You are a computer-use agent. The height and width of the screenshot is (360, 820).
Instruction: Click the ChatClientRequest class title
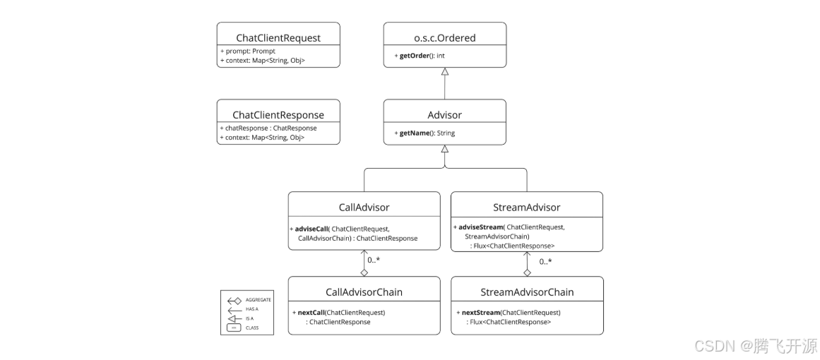point(278,37)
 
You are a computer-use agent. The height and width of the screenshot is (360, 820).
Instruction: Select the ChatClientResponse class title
point(278,114)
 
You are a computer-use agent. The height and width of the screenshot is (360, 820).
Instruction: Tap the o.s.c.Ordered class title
point(444,37)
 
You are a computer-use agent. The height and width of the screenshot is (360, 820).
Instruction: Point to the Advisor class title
point(444,114)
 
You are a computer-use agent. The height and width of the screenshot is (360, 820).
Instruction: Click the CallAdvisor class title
point(364,207)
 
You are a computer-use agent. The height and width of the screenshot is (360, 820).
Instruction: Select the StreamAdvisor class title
point(526,207)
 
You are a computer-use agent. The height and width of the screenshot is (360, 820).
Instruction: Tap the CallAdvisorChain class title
point(364,292)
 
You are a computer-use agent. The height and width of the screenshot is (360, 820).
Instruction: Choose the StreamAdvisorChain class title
point(527,292)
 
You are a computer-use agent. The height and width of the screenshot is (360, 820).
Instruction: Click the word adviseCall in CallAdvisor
point(311,229)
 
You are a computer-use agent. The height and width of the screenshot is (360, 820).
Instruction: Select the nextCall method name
point(311,312)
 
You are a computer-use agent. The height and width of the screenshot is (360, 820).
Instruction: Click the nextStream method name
point(480,312)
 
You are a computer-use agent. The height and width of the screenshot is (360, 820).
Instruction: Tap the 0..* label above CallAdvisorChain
point(374,260)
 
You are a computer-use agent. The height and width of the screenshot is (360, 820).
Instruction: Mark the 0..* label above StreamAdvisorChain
point(546,262)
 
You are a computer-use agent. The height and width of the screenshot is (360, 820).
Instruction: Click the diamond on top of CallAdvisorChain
point(364,272)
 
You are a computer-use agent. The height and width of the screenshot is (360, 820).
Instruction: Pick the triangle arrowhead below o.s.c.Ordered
point(444,71)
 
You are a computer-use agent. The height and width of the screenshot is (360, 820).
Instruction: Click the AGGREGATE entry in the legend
point(258,300)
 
